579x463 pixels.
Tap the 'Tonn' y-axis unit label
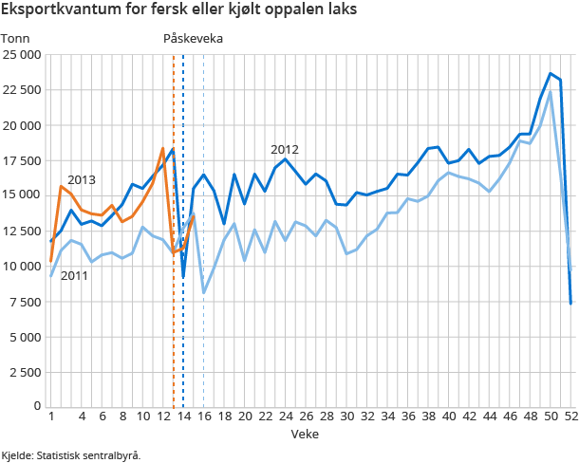point(16,38)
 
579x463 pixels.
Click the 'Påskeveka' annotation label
point(195,38)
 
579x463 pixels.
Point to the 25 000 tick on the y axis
point(21,55)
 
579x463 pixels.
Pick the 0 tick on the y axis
point(36,406)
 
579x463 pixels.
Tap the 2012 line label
point(285,150)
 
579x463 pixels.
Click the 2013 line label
point(82,179)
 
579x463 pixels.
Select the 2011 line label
point(75,276)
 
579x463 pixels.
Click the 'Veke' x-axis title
point(305,434)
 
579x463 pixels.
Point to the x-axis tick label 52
point(570,416)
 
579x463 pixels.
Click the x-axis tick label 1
point(50,416)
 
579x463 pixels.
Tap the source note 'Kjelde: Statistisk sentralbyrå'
point(71,454)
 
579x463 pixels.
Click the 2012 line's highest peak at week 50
point(551,73)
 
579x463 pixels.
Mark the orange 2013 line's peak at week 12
point(163,148)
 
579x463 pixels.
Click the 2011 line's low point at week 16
point(204,292)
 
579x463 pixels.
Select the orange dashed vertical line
point(173,285)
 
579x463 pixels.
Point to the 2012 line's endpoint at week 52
point(570,303)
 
